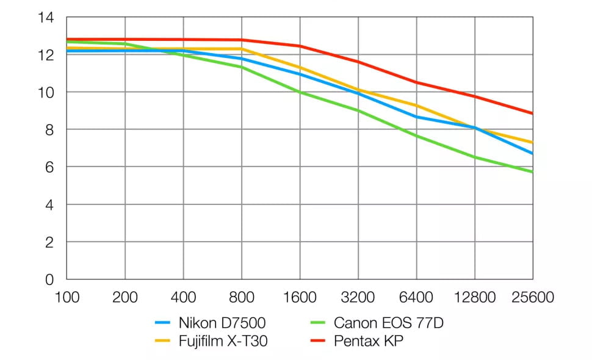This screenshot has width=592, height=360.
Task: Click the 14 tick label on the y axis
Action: click(47, 18)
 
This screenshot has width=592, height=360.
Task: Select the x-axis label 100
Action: click(67, 298)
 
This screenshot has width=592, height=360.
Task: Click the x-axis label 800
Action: click(242, 298)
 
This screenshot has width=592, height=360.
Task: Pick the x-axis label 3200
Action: click(358, 298)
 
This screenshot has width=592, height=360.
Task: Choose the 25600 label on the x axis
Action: click(533, 298)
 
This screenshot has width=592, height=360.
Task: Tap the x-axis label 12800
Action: click(475, 298)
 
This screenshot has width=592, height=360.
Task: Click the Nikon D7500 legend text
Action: click(222, 323)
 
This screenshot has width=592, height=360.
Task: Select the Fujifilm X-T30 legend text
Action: click(223, 341)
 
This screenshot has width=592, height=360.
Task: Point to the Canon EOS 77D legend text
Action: click(389, 323)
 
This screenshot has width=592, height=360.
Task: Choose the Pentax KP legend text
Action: click(369, 341)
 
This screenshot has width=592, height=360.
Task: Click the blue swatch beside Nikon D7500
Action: click(163, 323)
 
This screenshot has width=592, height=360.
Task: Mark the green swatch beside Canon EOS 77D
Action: click(318, 323)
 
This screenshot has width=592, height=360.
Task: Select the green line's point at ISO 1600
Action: click(300, 92)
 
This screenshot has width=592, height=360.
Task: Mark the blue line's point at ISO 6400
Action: click(416, 117)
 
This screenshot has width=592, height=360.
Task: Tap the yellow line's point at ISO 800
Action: click(242, 49)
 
